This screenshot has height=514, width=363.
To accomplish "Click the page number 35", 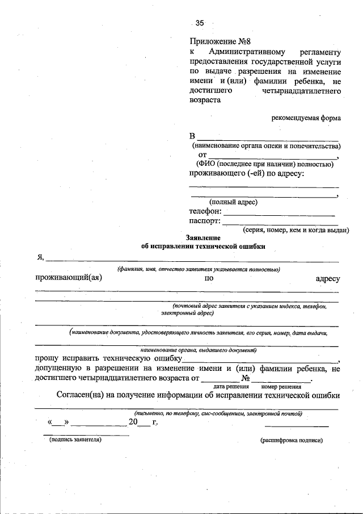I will (199, 23).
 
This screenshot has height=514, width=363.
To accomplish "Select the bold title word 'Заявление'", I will (202, 237).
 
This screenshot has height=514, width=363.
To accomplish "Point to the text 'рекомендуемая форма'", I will (306, 118).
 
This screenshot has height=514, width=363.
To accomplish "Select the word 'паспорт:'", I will (205, 222).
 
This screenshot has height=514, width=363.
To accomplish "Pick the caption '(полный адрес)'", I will (233, 202).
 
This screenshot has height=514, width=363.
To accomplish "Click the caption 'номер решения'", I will (281, 387).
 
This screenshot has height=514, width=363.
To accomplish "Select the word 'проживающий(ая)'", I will (68, 278).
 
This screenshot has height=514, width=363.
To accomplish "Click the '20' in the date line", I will (133, 422).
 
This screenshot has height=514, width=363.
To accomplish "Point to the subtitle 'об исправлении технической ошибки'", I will (202, 246).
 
